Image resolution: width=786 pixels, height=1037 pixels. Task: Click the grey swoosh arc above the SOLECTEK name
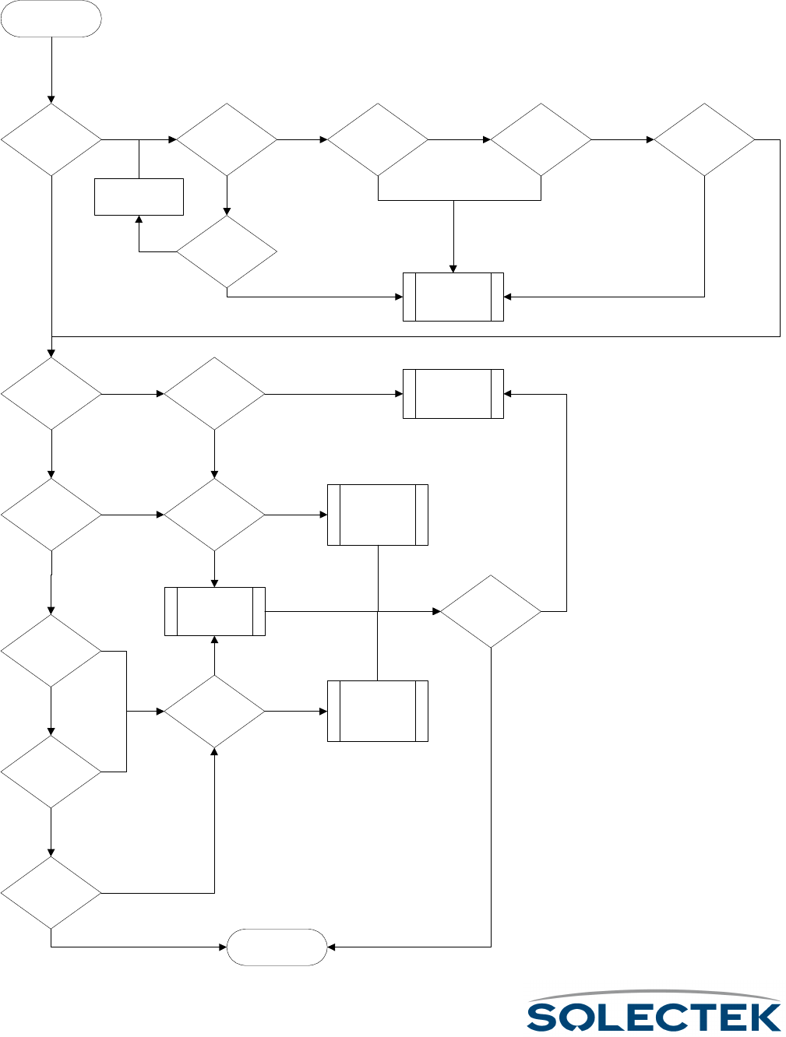pyautogui.click(x=654, y=996)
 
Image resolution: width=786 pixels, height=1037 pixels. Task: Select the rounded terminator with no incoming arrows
pyautogui.click(x=51, y=19)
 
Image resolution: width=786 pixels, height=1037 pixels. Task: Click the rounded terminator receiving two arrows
pyautogui.click(x=277, y=947)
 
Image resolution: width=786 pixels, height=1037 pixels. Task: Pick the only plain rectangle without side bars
pyautogui.click(x=139, y=196)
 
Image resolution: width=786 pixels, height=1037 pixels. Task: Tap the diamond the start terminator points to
pyautogui.click(x=51, y=140)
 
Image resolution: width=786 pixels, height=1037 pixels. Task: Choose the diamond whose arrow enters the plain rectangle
pyautogui.click(x=227, y=252)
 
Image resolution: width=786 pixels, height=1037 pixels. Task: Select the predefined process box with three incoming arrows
pyautogui.click(x=453, y=297)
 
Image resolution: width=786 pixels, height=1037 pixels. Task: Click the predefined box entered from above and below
pyautogui.click(x=215, y=611)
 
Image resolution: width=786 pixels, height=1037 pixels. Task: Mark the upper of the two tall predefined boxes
pyautogui.click(x=378, y=515)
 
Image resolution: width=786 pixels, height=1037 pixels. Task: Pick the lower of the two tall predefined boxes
pyautogui.click(x=378, y=711)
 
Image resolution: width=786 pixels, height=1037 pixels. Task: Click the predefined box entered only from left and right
pyautogui.click(x=453, y=394)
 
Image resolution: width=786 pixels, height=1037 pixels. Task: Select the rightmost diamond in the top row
pyautogui.click(x=704, y=140)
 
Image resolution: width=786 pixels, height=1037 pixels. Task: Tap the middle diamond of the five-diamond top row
pyautogui.click(x=378, y=140)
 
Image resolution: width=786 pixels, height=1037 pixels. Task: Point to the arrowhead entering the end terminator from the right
pyautogui.click(x=331, y=947)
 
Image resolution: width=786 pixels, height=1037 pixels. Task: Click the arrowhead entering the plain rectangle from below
pyautogui.click(x=139, y=220)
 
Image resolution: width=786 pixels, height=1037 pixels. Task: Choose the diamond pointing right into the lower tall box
pyautogui.click(x=214, y=711)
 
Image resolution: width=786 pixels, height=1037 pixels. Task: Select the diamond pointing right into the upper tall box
pyautogui.click(x=214, y=515)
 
